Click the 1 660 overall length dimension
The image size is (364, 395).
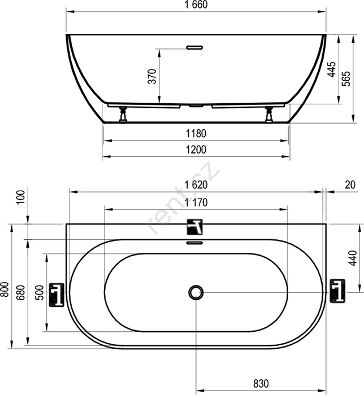[x=196, y=5]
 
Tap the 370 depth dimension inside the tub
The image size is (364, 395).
[x=153, y=76]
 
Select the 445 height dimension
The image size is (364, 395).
[x=331, y=69]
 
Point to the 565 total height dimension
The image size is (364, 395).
[x=346, y=79]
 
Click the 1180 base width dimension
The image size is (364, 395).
[x=196, y=133]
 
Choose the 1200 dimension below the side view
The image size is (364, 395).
[x=196, y=150]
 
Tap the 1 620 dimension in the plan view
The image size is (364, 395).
[x=196, y=185]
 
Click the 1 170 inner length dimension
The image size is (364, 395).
[x=196, y=202]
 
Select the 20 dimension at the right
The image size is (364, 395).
[x=350, y=185]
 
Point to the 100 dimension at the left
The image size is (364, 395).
[x=22, y=197]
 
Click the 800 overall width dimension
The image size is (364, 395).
[x=6, y=289]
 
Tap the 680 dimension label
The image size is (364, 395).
[x=21, y=292]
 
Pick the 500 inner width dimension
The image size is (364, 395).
[x=40, y=292]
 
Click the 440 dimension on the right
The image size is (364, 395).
[x=353, y=258]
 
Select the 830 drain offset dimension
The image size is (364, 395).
[x=261, y=384]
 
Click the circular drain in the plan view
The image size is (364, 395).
[x=196, y=292]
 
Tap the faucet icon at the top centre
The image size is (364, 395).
[x=195, y=227]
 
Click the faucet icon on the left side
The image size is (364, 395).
[x=57, y=295]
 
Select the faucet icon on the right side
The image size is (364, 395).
[x=337, y=291]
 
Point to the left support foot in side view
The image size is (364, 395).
[x=123, y=115]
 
